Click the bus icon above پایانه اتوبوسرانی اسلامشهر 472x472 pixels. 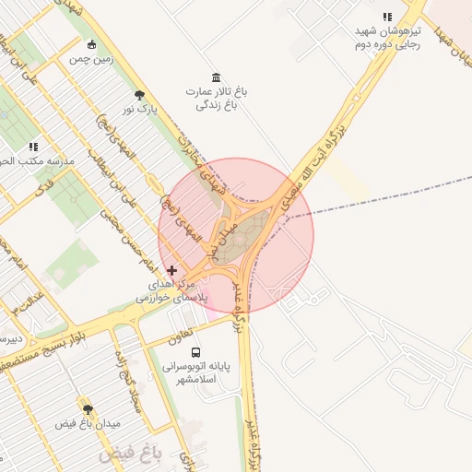pos(195,351)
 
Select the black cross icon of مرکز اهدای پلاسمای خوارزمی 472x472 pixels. pos(171,270)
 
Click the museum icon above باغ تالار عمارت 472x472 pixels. pos(216,77)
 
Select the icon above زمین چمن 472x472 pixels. pos(90,44)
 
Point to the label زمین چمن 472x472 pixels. pos(93,59)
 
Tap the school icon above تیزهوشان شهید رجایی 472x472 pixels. pos(388,17)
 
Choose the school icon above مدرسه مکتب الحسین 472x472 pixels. pos(33,147)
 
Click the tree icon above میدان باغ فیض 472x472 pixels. pos(88,409)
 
